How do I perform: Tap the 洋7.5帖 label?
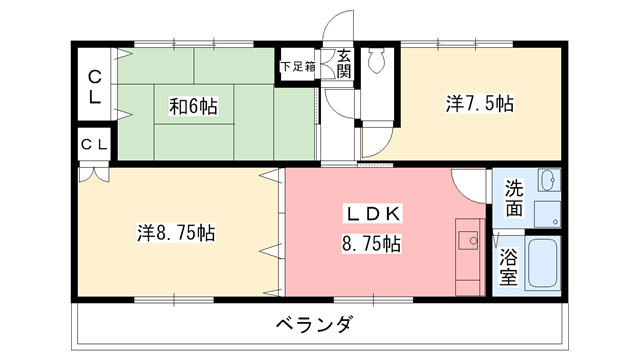[x=480, y=102]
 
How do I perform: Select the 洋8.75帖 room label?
[x=176, y=233]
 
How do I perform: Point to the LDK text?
[x=374, y=213]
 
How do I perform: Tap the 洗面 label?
[x=513, y=198]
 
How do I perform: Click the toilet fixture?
[x=377, y=62]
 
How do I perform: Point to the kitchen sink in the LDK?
[x=468, y=240]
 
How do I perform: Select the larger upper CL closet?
[x=93, y=87]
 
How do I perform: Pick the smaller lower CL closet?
[x=93, y=145]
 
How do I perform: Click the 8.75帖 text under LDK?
[x=372, y=242]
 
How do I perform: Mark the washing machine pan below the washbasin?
[x=547, y=213]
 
